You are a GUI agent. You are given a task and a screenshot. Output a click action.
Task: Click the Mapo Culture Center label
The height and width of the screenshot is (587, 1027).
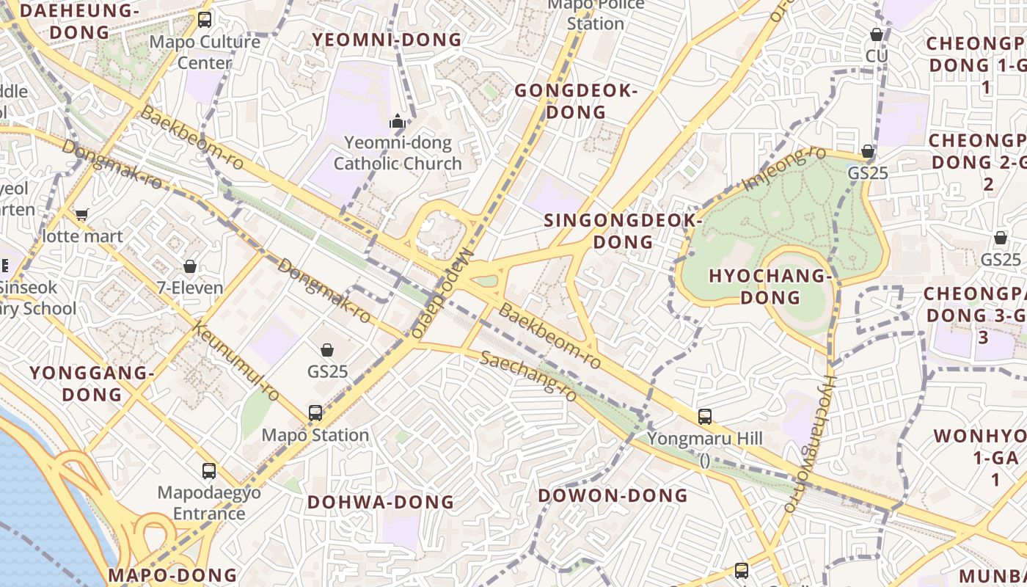coord(205,52)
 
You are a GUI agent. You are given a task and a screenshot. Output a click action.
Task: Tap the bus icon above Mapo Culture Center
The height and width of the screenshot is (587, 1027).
coord(205,20)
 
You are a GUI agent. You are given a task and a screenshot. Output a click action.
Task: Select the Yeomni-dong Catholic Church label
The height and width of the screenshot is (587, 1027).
coord(398,153)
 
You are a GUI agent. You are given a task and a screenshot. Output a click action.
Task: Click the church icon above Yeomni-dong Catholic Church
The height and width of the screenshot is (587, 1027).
coord(398,121)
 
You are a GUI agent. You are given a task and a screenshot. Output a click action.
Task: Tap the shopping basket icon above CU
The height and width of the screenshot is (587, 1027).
coord(876,34)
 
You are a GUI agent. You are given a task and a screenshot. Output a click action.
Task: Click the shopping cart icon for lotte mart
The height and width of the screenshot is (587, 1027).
coord(81,214)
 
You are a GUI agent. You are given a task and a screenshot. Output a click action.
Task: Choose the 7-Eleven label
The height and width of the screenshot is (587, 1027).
coord(190,288)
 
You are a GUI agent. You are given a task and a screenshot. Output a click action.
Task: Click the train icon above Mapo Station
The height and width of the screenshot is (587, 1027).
coord(315,412)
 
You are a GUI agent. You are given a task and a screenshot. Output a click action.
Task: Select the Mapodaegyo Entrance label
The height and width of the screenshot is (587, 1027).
coord(209,503)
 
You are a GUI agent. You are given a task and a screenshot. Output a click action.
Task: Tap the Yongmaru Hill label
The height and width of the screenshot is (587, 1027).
coord(705,439)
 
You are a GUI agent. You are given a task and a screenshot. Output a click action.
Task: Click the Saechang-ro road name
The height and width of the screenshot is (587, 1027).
coord(528,375)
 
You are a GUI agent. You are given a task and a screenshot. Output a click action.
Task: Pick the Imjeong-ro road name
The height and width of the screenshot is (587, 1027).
coord(784,168)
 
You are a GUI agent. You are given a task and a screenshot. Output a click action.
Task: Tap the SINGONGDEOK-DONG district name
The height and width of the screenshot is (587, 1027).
coord(623,231)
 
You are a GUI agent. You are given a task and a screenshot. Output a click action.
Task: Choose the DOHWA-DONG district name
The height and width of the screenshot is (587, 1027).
coord(381,503)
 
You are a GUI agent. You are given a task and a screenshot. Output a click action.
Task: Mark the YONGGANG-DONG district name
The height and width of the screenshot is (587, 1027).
coord(92,384)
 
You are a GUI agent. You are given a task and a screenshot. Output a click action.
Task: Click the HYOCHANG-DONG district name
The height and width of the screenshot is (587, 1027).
coord(770,287)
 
